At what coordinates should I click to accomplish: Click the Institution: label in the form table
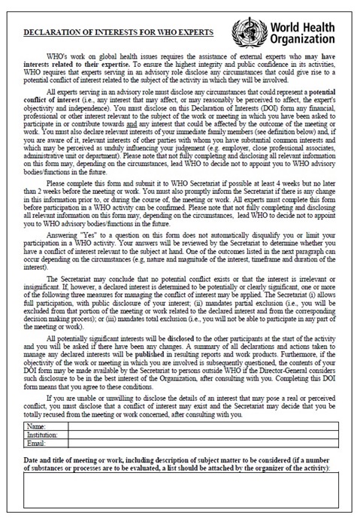tap(41, 435)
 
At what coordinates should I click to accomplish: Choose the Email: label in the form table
tap(36, 444)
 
